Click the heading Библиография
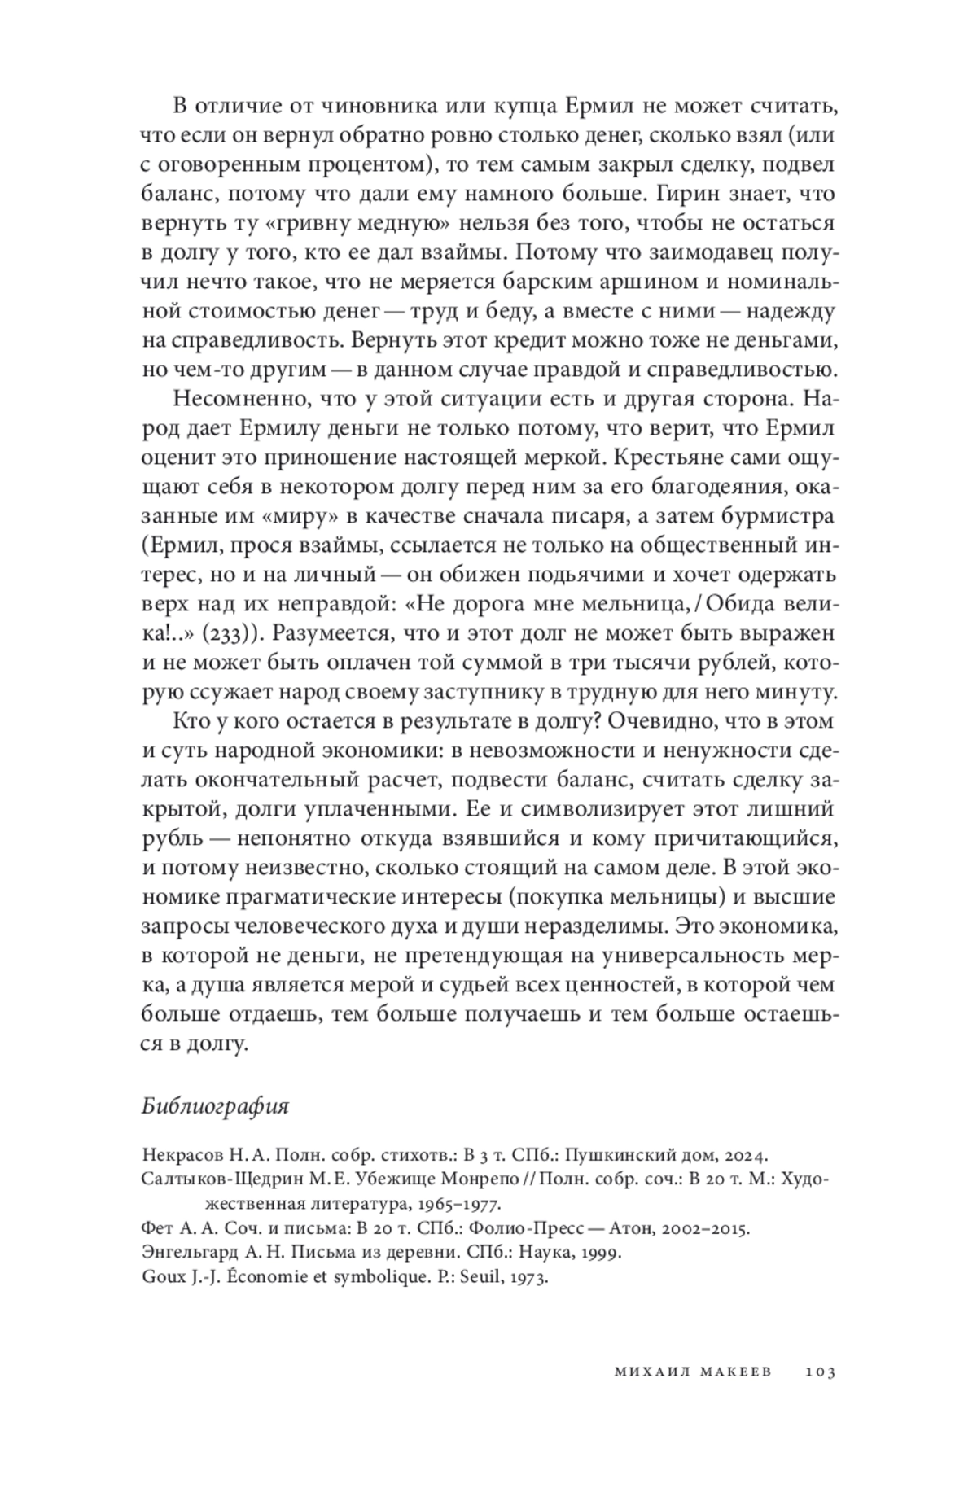tap(215, 1106)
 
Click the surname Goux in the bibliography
tap(162, 1277)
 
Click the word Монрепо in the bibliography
tap(483, 1179)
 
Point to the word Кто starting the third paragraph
tap(191, 721)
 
